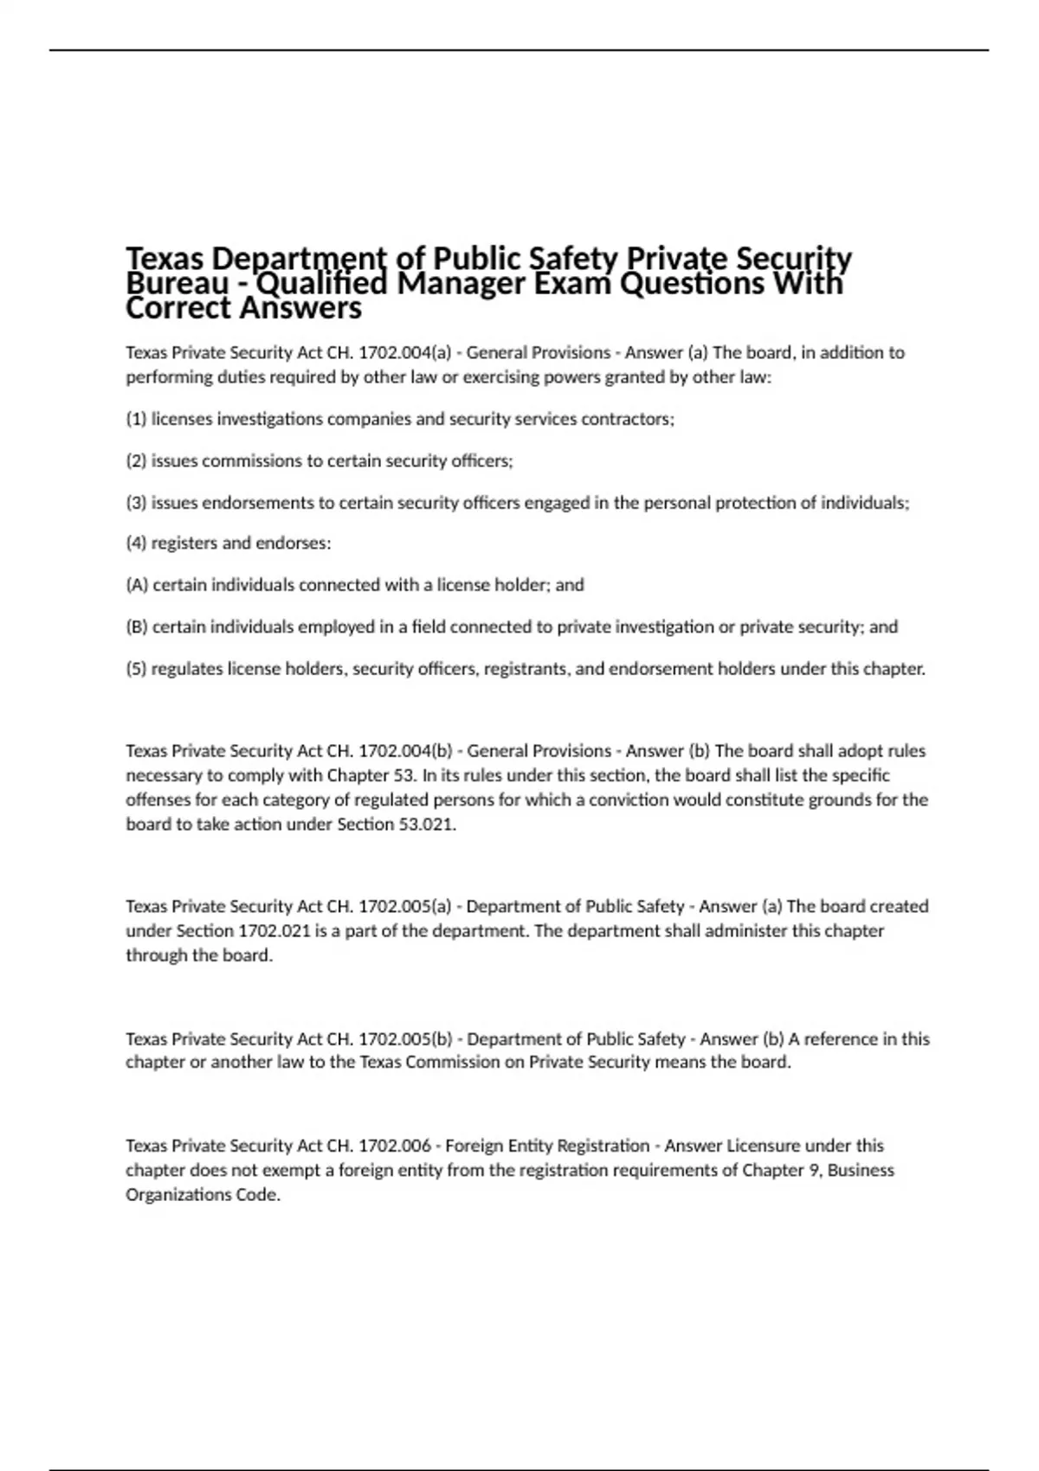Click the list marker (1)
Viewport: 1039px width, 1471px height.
pos(136,420)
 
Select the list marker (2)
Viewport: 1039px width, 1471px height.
pos(136,461)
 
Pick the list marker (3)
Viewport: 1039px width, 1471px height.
pos(136,503)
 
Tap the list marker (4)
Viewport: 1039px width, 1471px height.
pos(136,543)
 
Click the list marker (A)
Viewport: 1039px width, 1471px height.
pos(137,585)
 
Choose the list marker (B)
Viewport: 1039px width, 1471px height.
pos(137,626)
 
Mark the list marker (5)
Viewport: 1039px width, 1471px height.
pos(136,669)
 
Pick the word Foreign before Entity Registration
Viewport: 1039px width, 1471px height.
pos(474,1146)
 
